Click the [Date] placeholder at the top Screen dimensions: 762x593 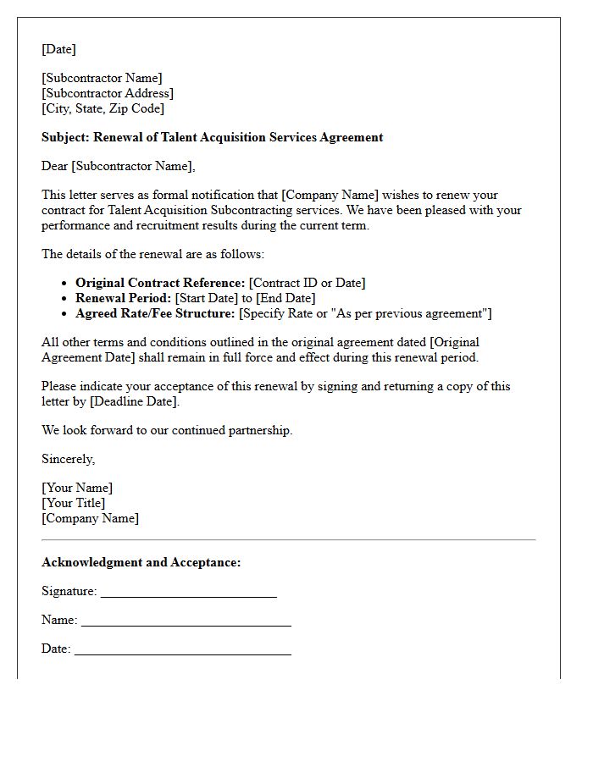[x=58, y=50]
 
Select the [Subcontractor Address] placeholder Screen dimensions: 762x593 [x=108, y=94]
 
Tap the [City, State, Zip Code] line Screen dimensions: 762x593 [x=103, y=109]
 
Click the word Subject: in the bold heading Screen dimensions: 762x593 [x=65, y=137]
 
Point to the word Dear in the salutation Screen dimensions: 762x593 [x=54, y=167]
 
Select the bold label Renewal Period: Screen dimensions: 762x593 [x=123, y=299]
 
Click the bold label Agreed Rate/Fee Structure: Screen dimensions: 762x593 [x=155, y=314]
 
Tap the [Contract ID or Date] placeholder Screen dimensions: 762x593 [x=308, y=284]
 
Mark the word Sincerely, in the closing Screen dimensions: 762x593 [x=68, y=460]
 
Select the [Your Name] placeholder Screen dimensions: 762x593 [x=77, y=489]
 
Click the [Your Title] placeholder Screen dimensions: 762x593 [x=74, y=504]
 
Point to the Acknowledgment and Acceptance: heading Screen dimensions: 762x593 [x=141, y=563]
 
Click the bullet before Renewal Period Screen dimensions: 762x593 [x=64, y=299]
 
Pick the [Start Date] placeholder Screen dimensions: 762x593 [x=207, y=299]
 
